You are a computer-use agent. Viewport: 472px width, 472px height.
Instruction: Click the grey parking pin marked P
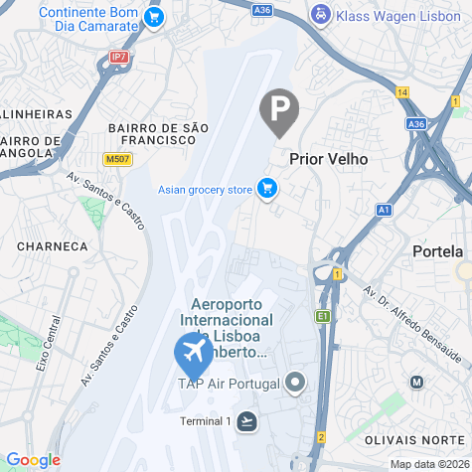[279, 109]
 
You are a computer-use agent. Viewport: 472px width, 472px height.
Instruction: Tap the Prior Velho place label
[328, 159]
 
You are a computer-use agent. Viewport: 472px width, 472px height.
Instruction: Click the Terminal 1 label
[205, 421]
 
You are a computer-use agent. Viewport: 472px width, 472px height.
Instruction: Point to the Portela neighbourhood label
[437, 251]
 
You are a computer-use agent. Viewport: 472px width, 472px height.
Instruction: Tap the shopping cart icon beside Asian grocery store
[266, 188]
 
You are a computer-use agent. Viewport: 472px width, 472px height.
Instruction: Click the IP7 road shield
[119, 58]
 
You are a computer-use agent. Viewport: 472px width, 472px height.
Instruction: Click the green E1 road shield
[322, 316]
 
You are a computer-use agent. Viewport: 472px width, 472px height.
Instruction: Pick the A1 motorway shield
[385, 210]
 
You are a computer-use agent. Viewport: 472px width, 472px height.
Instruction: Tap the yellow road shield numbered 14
[402, 92]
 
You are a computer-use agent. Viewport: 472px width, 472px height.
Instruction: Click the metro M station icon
[417, 382]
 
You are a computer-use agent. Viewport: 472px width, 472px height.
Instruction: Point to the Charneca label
[52, 245]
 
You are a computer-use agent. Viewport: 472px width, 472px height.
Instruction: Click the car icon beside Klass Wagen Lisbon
[321, 15]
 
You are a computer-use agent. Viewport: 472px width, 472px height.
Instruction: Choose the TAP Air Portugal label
[228, 383]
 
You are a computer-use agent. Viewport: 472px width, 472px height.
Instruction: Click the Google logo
[33, 460]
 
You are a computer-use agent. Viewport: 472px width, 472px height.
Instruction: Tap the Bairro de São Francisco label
[159, 133]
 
